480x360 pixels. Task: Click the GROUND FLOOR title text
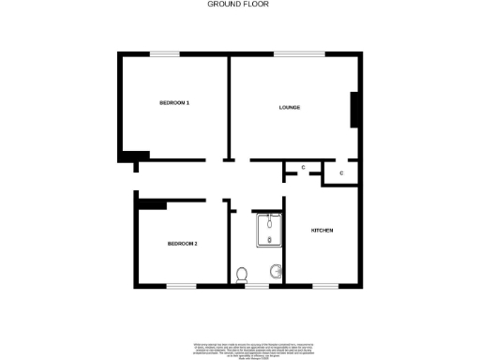pyautogui.click(x=240, y=5)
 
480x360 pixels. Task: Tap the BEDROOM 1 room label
pyautogui.click(x=173, y=102)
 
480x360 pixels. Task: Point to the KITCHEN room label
pyautogui.click(x=322, y=231)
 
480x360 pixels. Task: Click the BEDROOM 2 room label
pyautogui.click(x=182, y=244)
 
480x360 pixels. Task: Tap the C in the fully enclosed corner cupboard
pyautogui.click(x=341, y=173)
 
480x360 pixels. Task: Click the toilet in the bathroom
pyautogui.click(x=243, y=275)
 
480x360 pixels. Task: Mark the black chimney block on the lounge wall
pyautogui.click(x=354, y=110)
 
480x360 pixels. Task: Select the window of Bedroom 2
pyautogui.click(x=181, y=285)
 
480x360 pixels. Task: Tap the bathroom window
pyautogui.click(x=256, y=285)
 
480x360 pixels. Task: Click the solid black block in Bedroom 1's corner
pyautogui.click(x=136, y=156)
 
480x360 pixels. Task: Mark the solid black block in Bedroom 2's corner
pyautogui.click(x=150, y=203)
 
